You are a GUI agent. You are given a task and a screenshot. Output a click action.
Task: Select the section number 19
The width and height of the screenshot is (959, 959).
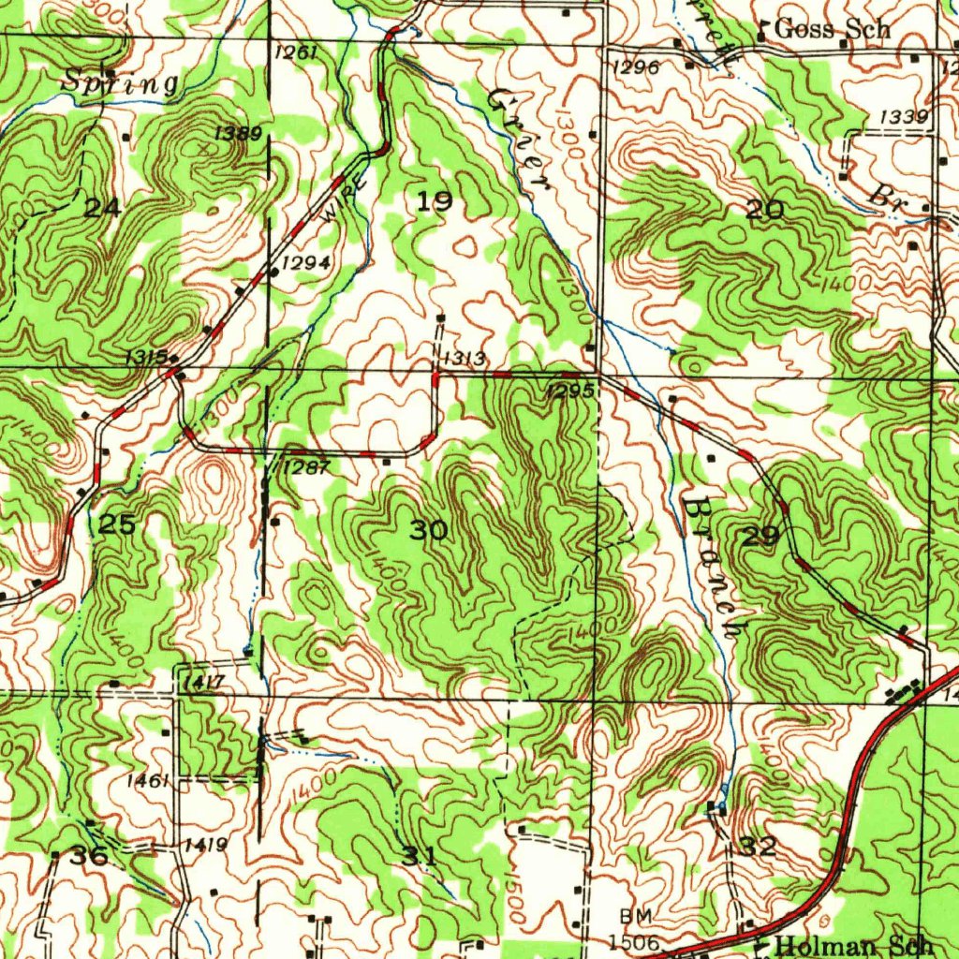pos(435,201)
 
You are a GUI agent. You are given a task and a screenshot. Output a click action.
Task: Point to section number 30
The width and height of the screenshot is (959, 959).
pos(430,531)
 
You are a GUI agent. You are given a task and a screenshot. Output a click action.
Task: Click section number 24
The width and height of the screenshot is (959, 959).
pos(101,208)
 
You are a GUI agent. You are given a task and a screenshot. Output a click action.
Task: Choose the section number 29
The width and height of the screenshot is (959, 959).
pos(760,537)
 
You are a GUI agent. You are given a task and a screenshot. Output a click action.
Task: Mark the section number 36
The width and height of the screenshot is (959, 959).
pos(90,856)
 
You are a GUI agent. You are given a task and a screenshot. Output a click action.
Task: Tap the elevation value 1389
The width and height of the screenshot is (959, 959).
pos(238,134)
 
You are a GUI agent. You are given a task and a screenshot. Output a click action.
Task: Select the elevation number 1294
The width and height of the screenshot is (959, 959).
pos(305,263)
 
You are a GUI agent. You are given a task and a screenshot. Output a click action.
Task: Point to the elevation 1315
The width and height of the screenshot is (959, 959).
pos(146,357)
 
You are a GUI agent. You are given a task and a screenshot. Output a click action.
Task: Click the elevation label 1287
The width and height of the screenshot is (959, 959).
pos(306,467)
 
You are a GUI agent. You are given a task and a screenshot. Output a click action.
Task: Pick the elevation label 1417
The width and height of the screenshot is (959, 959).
pos(203,683)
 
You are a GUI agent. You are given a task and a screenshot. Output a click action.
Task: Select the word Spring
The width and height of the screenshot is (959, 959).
pos(120,83)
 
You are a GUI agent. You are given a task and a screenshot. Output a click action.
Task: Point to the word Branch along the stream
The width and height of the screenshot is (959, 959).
pos(712,567)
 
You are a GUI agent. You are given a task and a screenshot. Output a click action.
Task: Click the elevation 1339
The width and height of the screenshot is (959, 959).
pos(905,116)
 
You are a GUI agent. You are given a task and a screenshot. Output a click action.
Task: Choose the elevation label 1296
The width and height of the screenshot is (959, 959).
pos(637,66)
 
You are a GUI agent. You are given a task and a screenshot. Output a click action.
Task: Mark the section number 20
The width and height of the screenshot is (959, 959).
pos(765,211)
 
